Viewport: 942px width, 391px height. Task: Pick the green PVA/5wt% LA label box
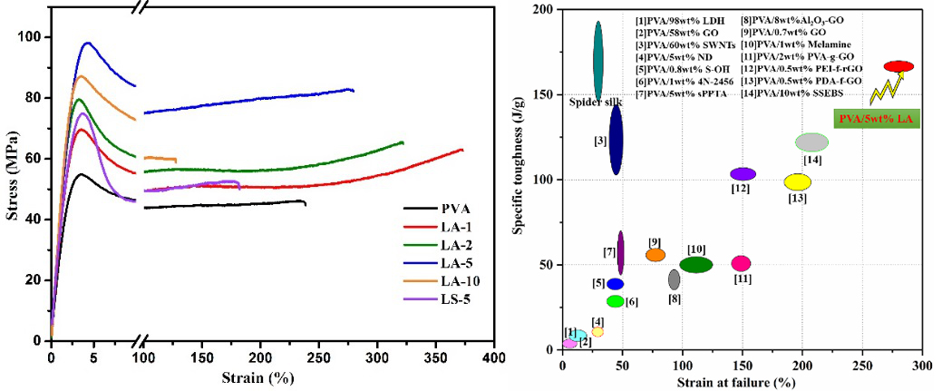(x=876, y=118)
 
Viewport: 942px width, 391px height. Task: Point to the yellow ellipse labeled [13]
(x=797, y=181)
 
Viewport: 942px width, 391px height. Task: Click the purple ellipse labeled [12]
(x=743, y=173)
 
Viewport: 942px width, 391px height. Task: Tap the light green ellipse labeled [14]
(x=811, y=142)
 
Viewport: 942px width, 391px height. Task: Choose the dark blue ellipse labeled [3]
(x=616, y=138)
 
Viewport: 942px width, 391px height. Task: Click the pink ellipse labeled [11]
(x=741, y=263)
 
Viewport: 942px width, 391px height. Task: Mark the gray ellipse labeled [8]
(x=674, y=279)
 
